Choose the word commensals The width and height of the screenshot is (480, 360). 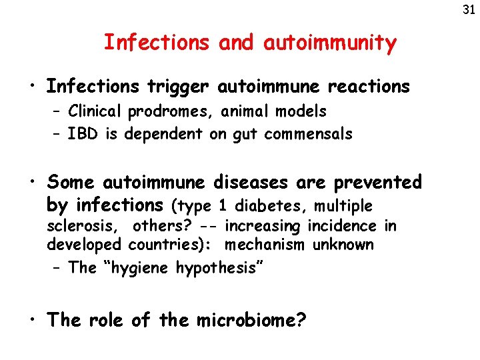point(308,134)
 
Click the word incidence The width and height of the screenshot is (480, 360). point(339,226)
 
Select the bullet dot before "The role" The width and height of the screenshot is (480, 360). point(32,321)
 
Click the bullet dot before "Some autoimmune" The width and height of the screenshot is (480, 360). point(32,183)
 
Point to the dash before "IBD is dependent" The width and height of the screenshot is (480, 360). point(57,134)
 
